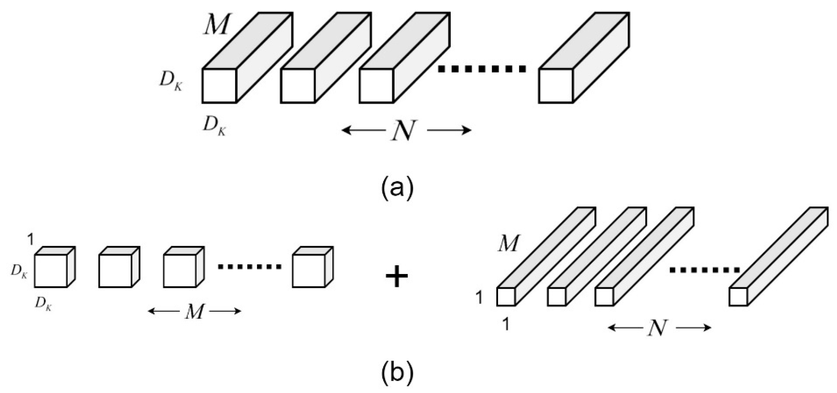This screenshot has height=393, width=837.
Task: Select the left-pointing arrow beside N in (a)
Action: coord(362,131)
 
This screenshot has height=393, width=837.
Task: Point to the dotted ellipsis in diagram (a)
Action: coord(482,69)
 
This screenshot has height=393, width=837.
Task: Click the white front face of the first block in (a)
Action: coord(219,86)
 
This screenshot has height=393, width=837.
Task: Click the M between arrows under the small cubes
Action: coord(195,312)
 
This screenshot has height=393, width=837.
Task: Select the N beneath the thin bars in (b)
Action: coord(659,328)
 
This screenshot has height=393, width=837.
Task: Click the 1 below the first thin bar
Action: coord(506,325)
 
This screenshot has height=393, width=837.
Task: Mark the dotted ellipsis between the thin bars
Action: coord(704,270)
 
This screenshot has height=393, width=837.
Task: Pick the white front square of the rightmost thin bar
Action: coord(738,297)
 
